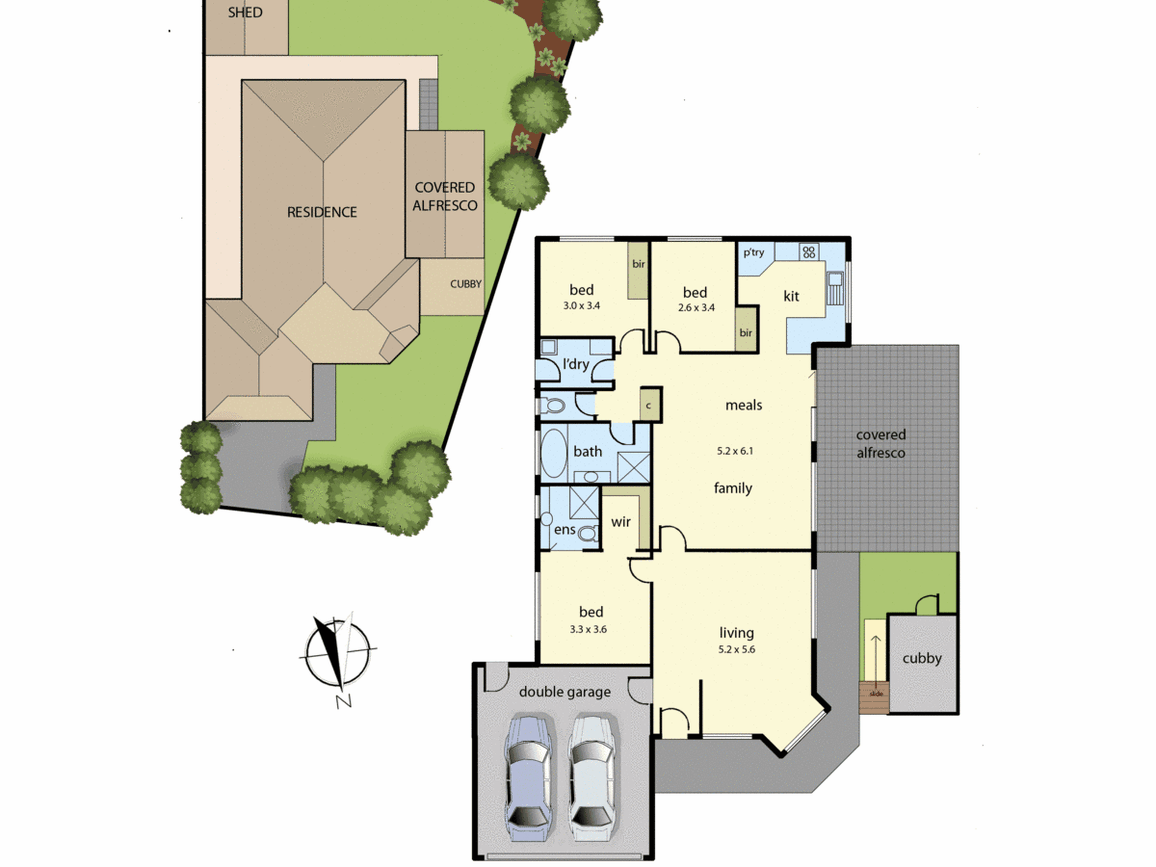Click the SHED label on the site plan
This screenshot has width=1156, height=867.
point(245,12)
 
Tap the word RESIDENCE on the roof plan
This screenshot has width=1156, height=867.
point(322,212)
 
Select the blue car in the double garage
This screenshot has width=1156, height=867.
point(528,778)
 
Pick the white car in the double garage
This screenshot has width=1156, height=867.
point(591,778)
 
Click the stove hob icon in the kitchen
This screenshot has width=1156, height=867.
point(809,252)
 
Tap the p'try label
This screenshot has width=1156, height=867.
point(754,253)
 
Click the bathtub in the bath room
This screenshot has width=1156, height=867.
point(554,454)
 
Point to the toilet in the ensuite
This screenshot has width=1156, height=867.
point(588,533)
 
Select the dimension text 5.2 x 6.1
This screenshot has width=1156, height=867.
point(735,451)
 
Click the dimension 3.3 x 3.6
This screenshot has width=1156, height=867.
point(588,629)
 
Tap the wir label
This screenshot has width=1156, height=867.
point(621,522)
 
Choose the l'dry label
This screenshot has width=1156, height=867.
point(576,364)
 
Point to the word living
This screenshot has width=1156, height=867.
point(736,633)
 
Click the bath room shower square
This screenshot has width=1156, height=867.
point(633,468)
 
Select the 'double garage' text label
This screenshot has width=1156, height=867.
point(565,692)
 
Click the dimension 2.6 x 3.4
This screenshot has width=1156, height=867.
point(696,307)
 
